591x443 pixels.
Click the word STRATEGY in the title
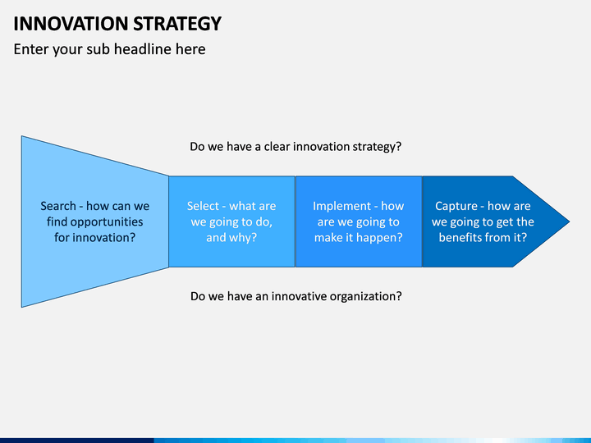point(177,24)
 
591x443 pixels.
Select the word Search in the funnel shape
point(58,206)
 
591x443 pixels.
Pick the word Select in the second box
point(203,206)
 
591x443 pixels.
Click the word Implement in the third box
point(341,207)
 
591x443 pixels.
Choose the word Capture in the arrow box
point(456,207)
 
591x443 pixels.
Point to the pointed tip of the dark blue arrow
point(570,221)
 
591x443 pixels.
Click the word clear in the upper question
point(277,147)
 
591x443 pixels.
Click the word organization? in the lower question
point(365,297)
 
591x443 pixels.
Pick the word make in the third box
point(328,238)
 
